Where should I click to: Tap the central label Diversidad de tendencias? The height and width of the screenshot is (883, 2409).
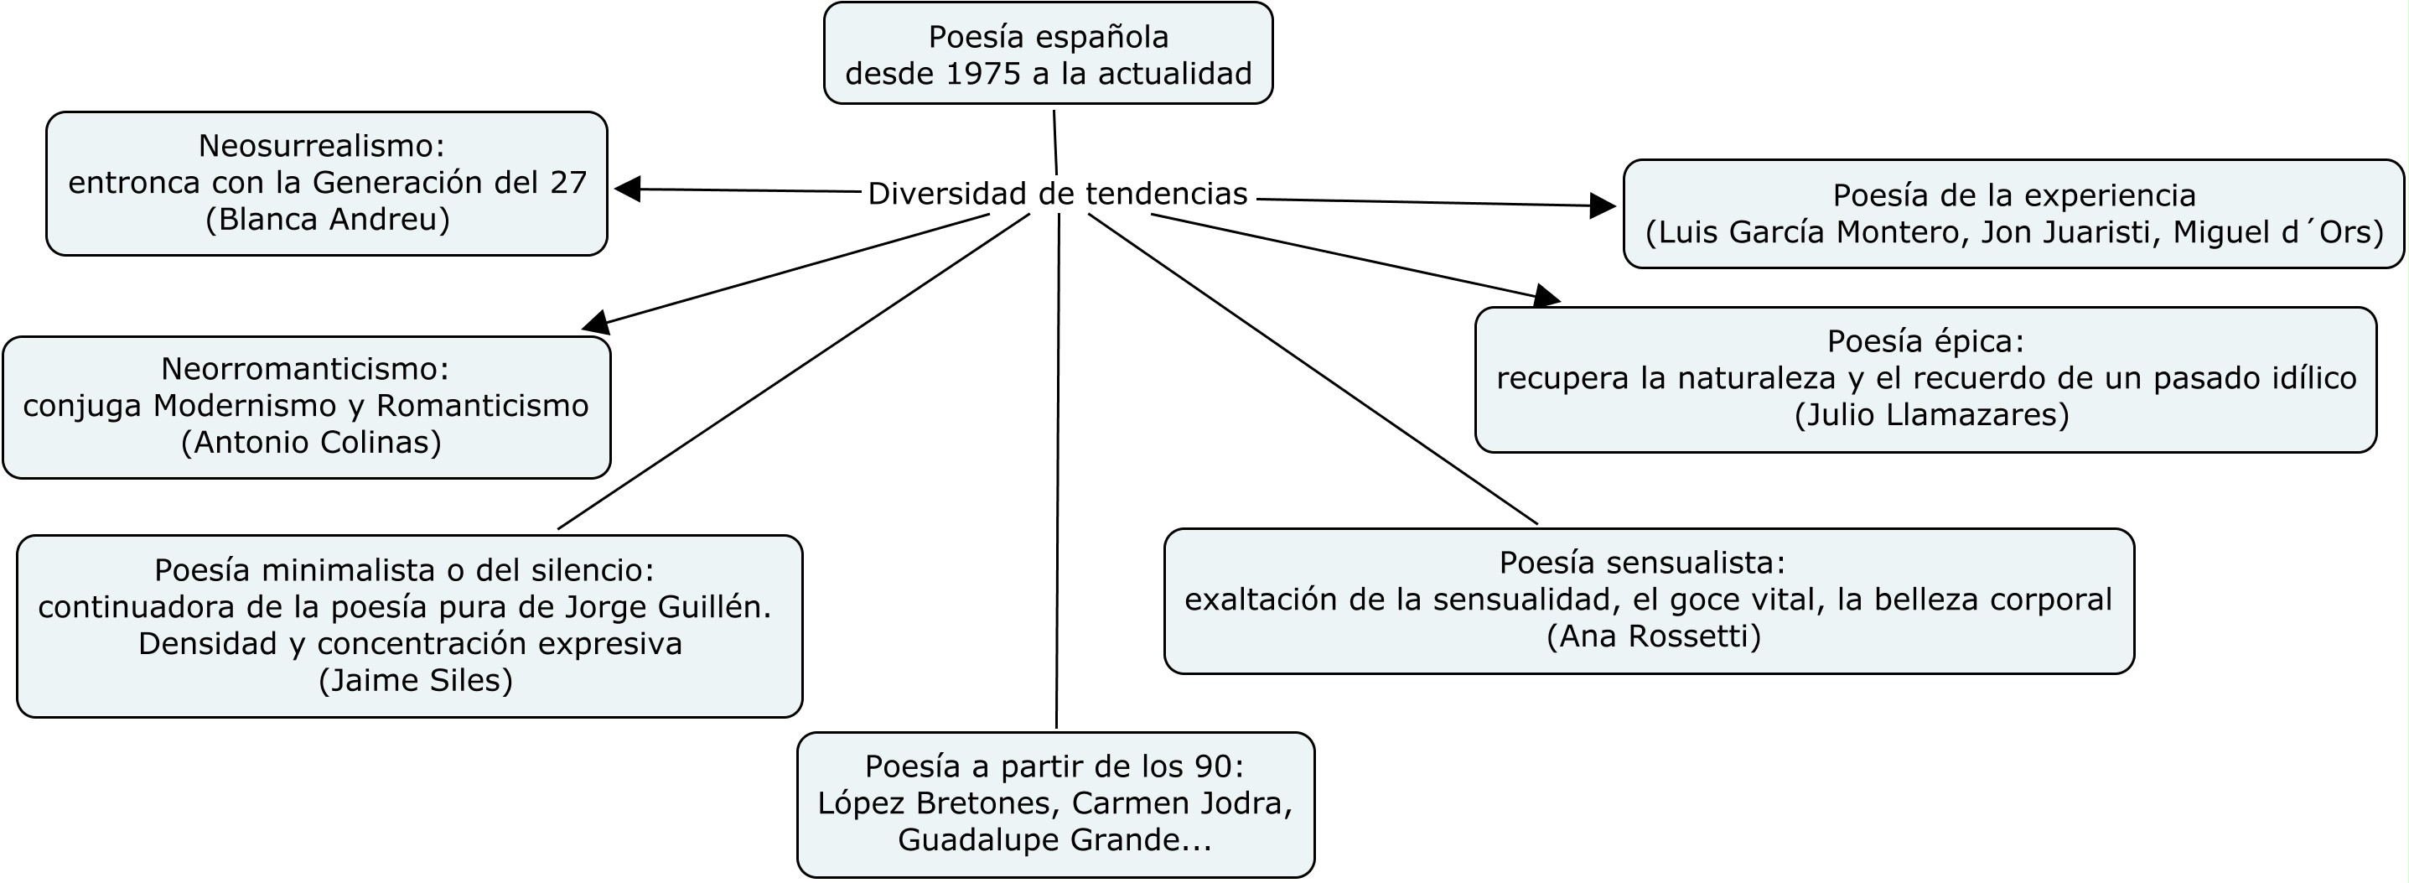click(1058, 194)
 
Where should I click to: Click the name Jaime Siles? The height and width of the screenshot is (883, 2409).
click(416, 680)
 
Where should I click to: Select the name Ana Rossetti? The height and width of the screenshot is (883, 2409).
click(1654, 636)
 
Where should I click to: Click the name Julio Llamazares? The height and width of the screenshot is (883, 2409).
click(1932, 414)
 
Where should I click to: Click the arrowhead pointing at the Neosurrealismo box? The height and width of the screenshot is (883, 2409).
click(628, 189)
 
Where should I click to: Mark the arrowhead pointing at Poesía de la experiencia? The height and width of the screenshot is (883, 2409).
click(1602, 205)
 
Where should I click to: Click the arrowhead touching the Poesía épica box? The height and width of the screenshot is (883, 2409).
click(1546, 297)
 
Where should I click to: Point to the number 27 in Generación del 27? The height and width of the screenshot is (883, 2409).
click(567, 183)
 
